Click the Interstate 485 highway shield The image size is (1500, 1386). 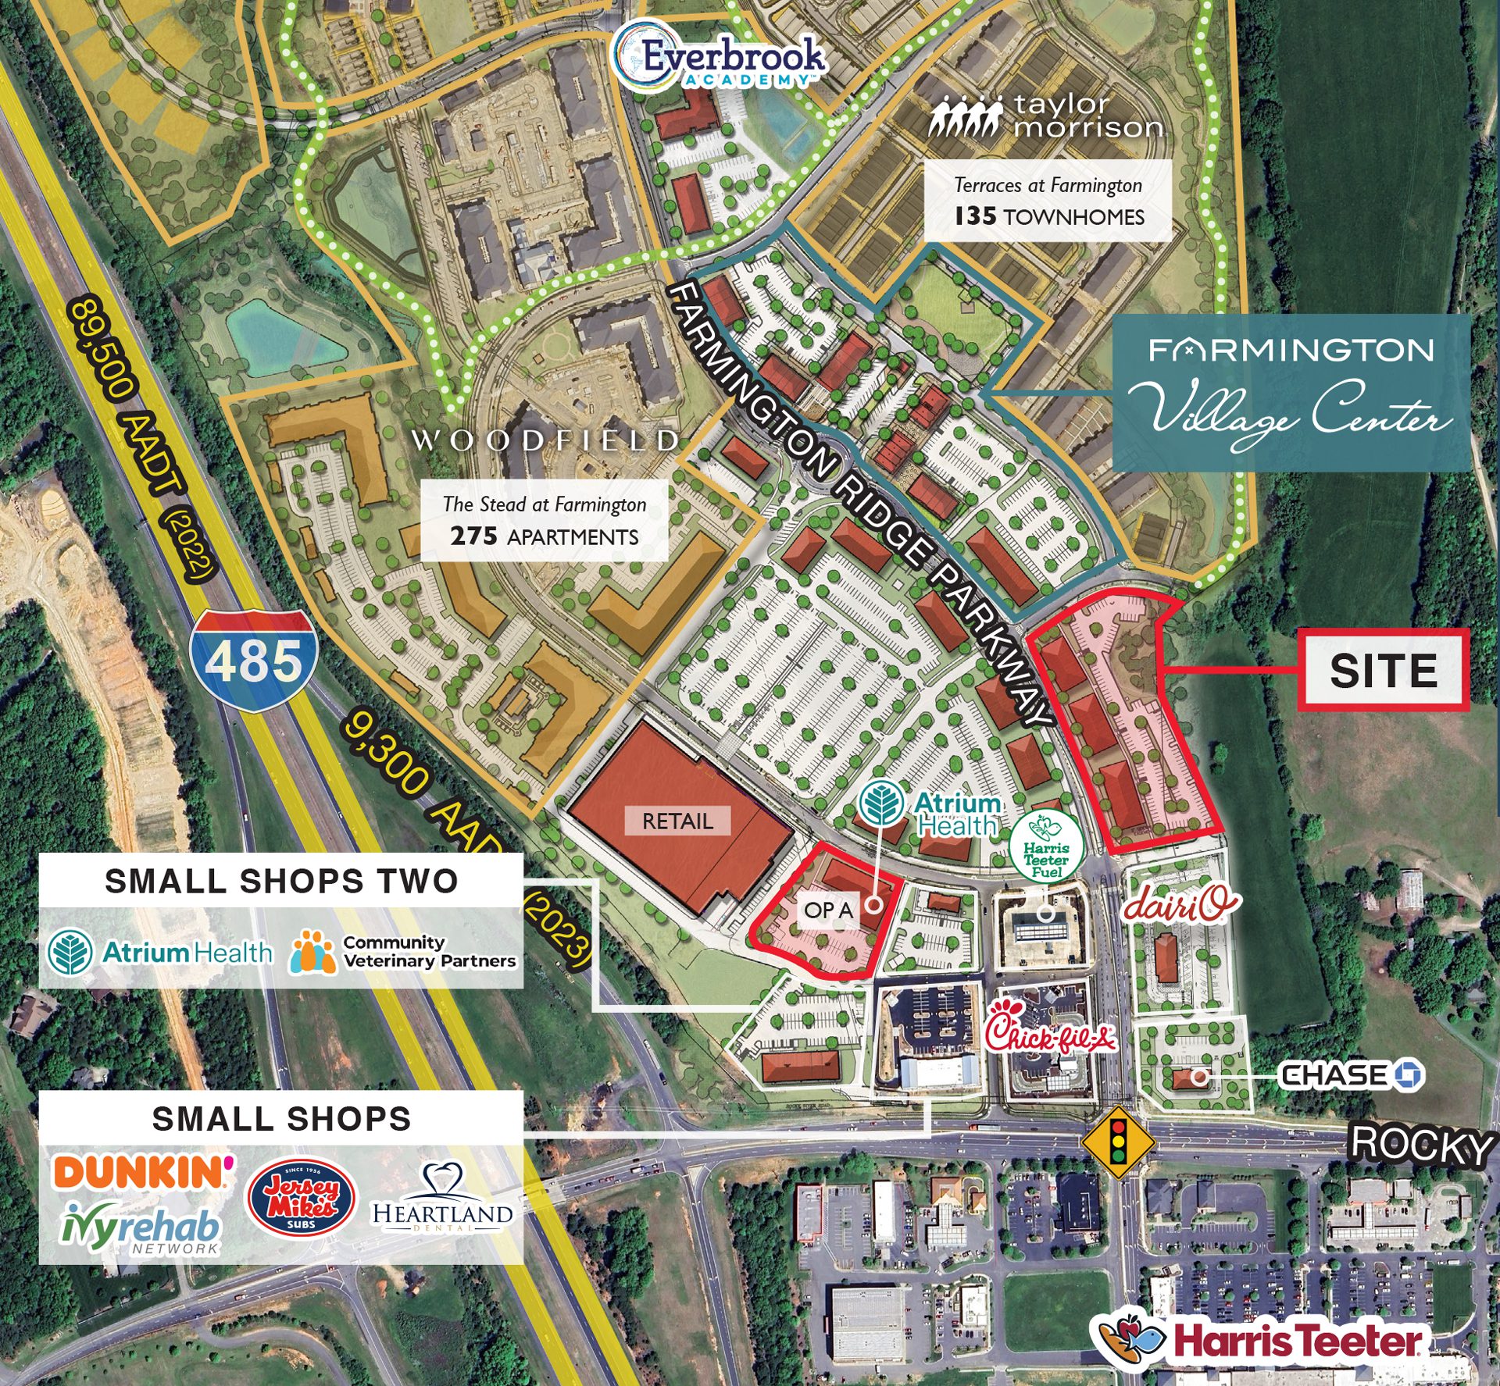click(x=254, y=661)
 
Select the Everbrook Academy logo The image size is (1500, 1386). click(x=720, y=59)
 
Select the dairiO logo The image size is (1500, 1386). click(x=1180, y=903)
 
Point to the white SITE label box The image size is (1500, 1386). click(x=1383, y=670)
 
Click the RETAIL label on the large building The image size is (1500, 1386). click(x=677, y=821)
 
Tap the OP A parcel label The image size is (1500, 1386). click(x=828, y=910)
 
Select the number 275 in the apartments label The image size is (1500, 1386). click(x=473, y=536)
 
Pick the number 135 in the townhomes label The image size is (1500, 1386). click(x=975, y=216)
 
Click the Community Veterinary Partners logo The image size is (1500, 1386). click(x=403, y=952)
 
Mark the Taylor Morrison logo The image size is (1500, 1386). click(x=1046, y=116)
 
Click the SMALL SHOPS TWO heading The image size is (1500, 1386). click(x=281, y=881)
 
